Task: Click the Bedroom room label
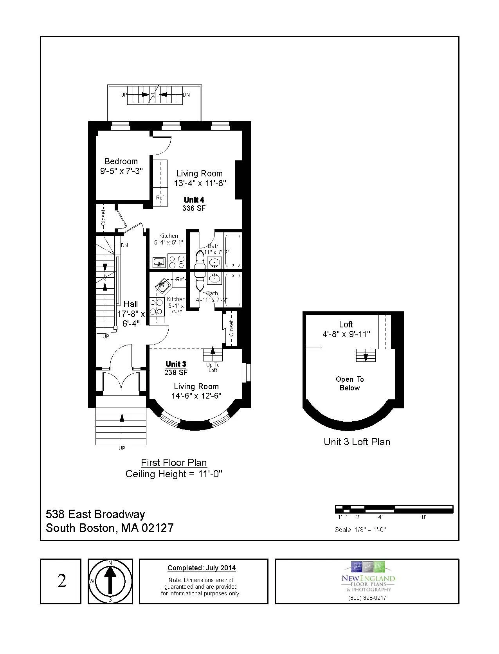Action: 121,161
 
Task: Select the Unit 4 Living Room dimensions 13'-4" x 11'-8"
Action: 200,183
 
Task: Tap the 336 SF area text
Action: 194,208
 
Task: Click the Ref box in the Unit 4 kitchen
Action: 160,198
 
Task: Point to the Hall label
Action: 131,304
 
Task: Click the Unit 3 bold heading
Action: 176,364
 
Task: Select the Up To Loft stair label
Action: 213,367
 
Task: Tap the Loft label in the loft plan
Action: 346,324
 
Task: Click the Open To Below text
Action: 349,383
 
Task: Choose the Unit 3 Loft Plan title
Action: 357,442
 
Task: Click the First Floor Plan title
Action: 174,462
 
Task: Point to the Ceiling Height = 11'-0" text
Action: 174,474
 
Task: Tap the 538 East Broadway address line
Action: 95,514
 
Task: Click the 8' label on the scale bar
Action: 423,517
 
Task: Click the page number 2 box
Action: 61,581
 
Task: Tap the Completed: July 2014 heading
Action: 202,568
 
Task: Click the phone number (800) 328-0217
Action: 367,597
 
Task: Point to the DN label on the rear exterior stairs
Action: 186,95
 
